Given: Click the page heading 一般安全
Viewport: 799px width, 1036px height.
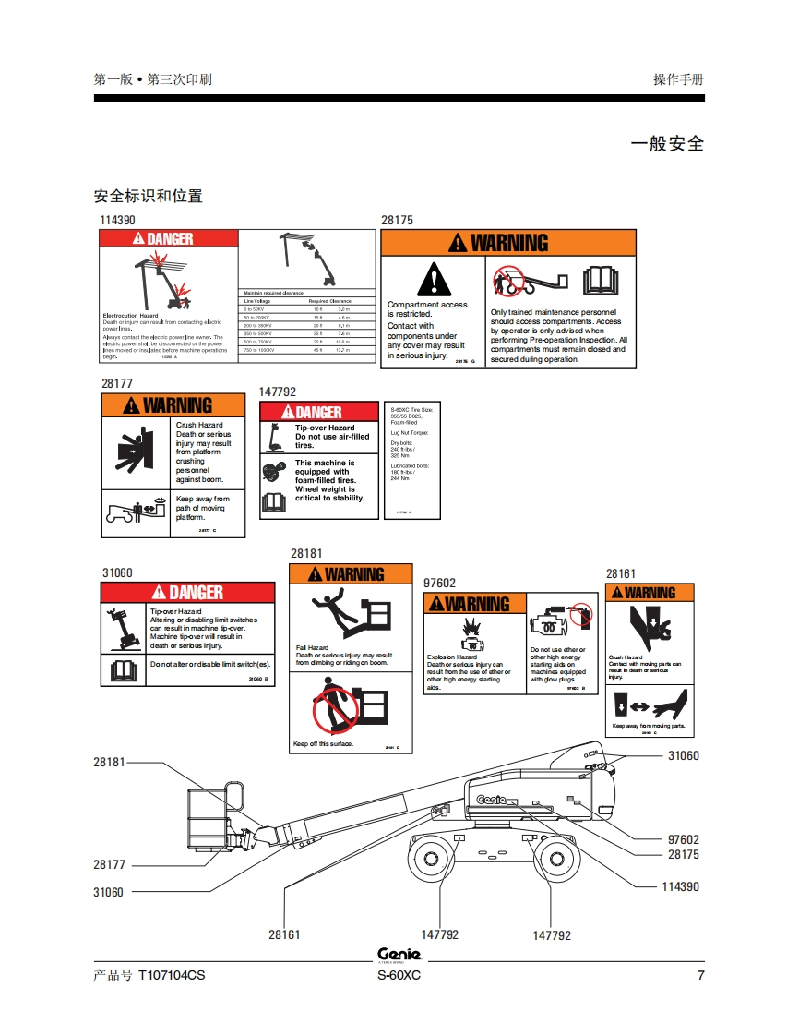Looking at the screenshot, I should click(667, 144).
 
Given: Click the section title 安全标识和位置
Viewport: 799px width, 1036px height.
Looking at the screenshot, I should click(149, 196).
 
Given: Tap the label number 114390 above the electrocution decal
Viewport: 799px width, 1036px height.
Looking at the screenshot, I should click(118, 221).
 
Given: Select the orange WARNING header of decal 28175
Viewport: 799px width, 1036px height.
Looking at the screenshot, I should click(508, 243).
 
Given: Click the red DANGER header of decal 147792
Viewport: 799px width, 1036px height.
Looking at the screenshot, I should click(318, 412).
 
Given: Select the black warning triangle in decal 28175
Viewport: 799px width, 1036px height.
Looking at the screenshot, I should click(430, 280).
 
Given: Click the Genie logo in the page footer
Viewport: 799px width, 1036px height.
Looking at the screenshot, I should click(399, 955).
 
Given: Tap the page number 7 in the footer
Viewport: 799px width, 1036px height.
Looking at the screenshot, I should click(700, 977).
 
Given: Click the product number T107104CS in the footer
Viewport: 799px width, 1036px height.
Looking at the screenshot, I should click(172, 977).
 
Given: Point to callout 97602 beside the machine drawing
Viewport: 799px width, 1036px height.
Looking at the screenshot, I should click(683, 839).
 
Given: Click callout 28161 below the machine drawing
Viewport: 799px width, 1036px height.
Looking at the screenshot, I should click(284, 934).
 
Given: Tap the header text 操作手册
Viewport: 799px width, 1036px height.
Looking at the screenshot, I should click(678, 79).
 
